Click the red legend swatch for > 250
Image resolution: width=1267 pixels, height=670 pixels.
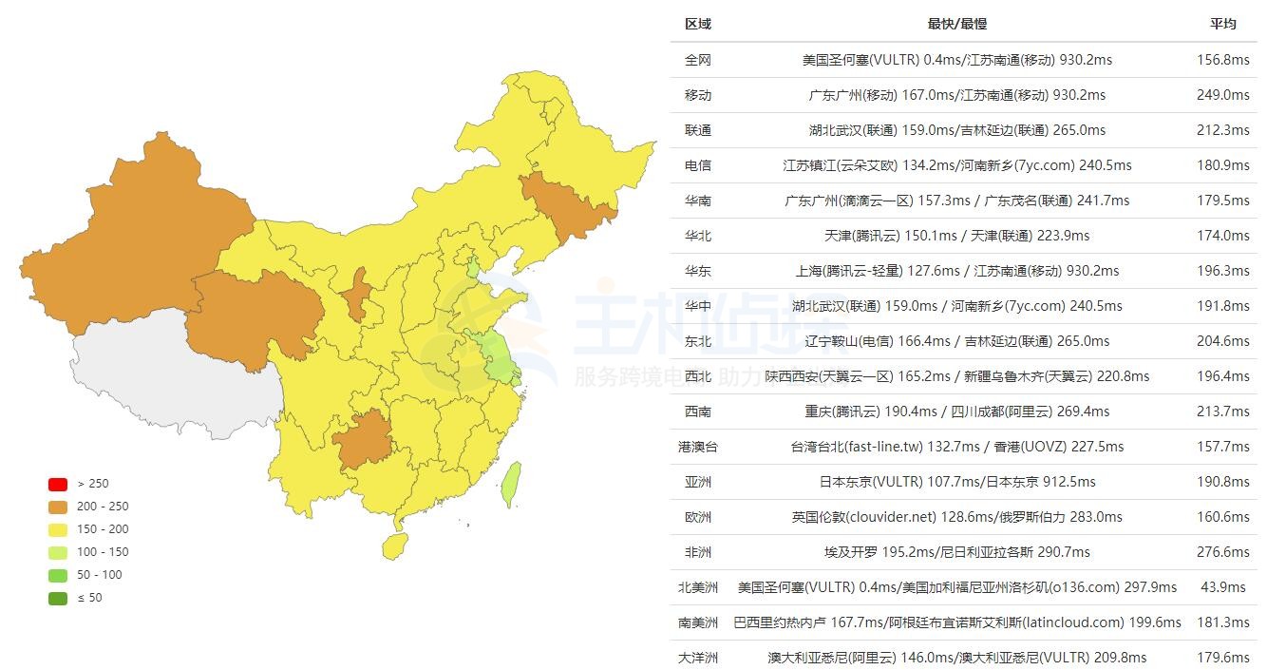pos(58,484)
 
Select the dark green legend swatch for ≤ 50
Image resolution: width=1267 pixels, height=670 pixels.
pos(58,598)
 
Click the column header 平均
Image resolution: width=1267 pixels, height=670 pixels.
pos(1222,24)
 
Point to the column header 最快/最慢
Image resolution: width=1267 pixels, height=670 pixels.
pos(956,24)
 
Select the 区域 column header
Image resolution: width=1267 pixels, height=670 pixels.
pos(697,24)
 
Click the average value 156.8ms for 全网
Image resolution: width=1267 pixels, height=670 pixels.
pos(1222,60)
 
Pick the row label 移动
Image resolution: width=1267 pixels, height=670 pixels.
pos(697,95)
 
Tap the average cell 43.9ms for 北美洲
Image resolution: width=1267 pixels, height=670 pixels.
pos(1222,587)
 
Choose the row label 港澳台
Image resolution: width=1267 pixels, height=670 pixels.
pos(697,447)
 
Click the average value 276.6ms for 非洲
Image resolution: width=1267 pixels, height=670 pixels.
pos(1222,552)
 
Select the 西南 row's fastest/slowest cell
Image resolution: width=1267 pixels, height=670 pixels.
pos(956,412)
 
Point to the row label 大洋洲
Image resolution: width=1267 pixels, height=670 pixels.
pos(697,658)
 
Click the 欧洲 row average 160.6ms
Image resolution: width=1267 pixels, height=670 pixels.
pos(1222,517)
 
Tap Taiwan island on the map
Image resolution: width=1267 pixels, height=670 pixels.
pos(510,483)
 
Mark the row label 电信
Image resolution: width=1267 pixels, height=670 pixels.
pos(697,165)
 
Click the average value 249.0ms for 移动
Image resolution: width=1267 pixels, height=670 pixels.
pos(1222,95)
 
